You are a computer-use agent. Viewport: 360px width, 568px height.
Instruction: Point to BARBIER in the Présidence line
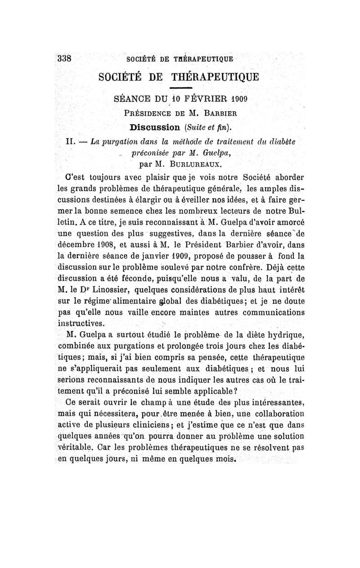coord(219,111)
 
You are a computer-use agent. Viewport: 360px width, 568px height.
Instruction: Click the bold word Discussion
coord(158,124)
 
